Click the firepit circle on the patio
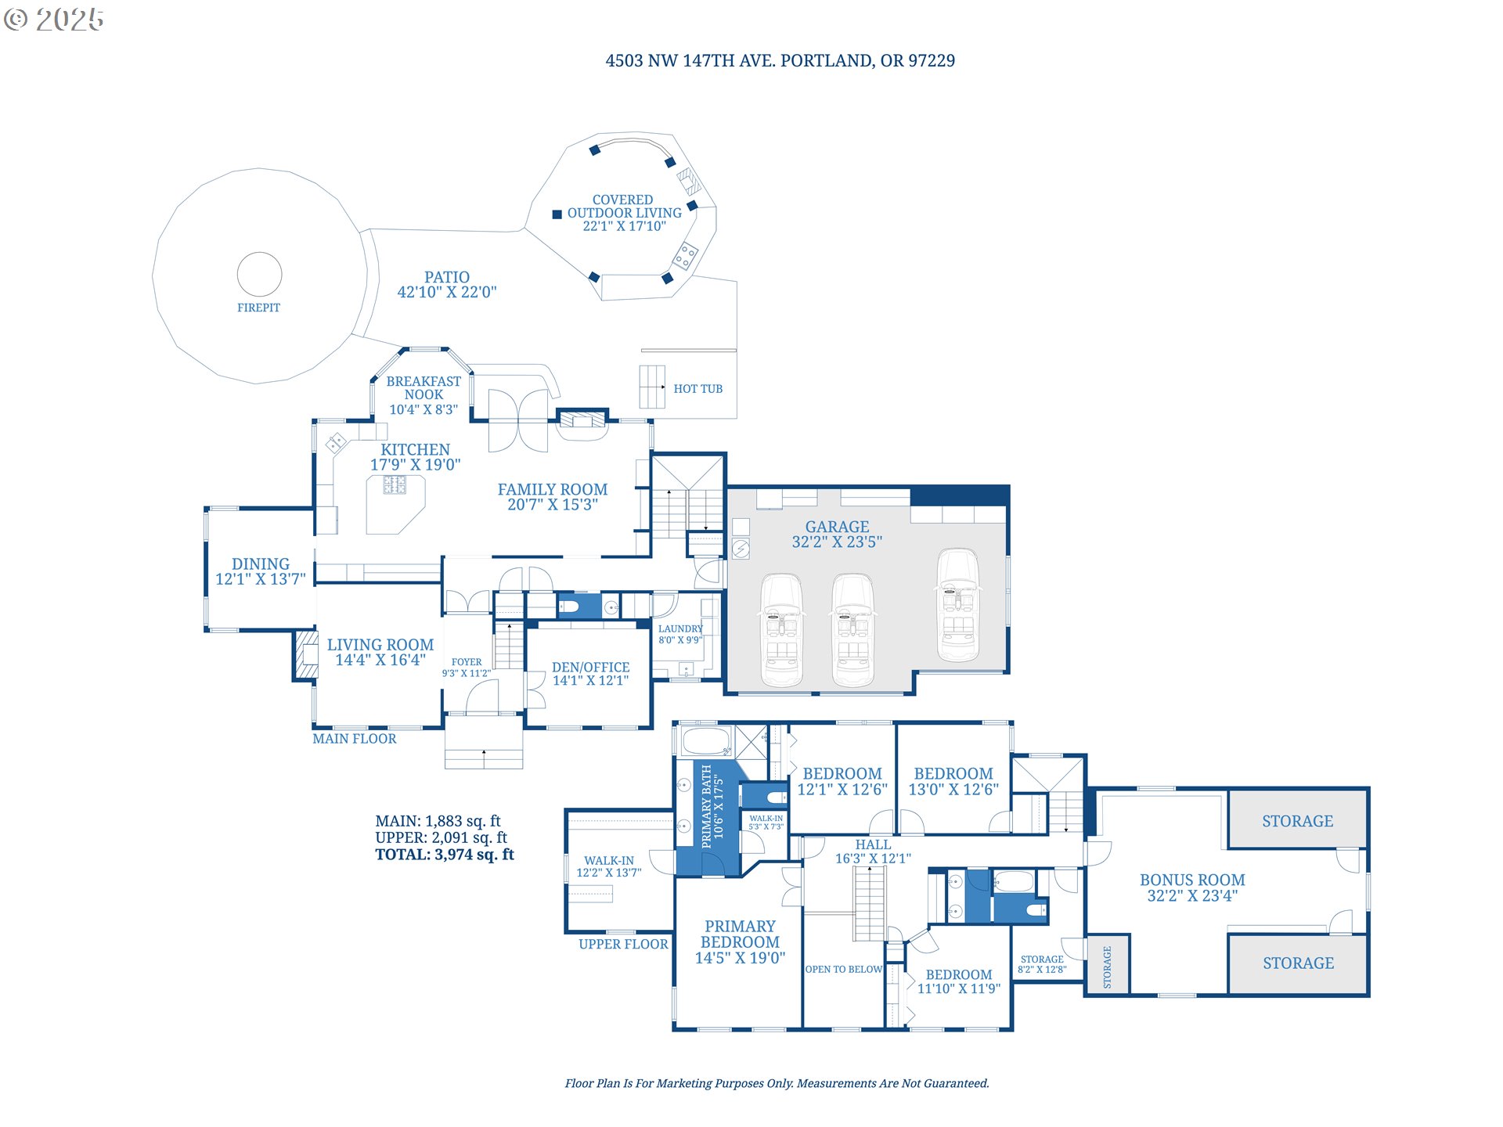coord(259,253)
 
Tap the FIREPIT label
coord(258,308)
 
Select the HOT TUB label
coord(698,389)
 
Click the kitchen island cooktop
coord(395,485)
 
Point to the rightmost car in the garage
coord(959,605)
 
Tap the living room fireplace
coord(305,655)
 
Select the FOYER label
coord(467,662)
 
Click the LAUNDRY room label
coord(680,628)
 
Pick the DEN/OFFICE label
coord(590,668)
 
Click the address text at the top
coord(780,61)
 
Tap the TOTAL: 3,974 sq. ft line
coord(445,855)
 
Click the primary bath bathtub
coord(706,741)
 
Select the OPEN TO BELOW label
coord(844,970)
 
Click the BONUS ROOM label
coord(1192,880)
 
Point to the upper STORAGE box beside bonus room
coord(1297,820)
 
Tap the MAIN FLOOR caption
coord(355,739)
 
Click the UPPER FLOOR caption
coord(623,945)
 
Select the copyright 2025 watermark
coord(54,20)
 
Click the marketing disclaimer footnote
coord(777,1084)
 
